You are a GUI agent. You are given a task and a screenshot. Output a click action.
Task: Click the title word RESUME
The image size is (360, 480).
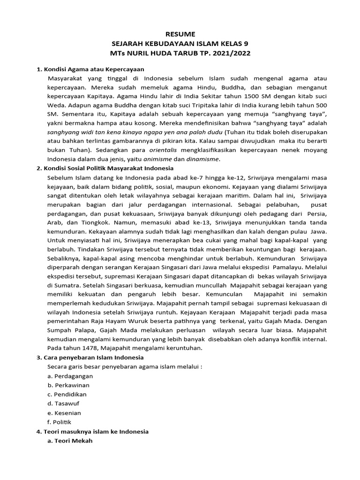pyautogui.click(x=180, y=34)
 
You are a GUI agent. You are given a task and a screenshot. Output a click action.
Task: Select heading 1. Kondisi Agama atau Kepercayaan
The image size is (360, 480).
pyautogui.click(x=90, y=69)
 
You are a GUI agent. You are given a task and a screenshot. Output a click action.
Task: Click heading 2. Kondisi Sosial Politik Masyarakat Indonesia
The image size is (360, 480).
pyautogui.click(x=105, y=168)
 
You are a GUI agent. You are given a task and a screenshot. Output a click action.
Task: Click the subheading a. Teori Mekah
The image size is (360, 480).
pyautogui.click(x=70, y=441)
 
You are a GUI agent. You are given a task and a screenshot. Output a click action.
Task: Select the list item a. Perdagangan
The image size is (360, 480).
pyautogui.click(x=70, y=376)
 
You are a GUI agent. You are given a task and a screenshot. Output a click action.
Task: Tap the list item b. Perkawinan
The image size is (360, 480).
pyautogui.click(x=68, y=385)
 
